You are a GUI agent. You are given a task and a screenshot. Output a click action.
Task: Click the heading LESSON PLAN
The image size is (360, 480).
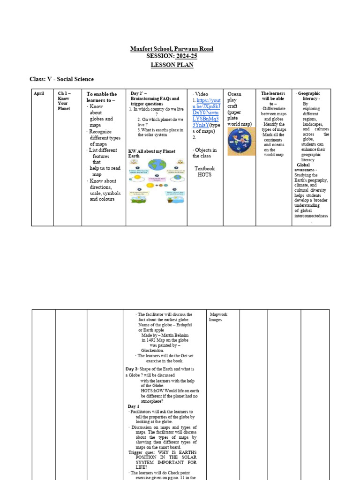172,65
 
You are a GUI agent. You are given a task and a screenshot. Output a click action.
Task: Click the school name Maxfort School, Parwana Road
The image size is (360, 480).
172,49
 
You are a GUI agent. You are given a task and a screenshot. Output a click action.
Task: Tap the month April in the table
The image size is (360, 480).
38,94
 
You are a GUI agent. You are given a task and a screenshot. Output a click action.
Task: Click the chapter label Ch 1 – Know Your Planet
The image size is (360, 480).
64,101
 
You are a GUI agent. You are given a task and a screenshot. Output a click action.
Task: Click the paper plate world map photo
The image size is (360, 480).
240,142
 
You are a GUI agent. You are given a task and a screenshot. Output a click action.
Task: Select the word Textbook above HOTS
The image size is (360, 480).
204,168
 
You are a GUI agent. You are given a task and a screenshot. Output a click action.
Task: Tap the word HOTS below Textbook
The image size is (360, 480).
204,175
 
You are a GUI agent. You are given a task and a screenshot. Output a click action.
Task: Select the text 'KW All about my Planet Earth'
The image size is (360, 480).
151,153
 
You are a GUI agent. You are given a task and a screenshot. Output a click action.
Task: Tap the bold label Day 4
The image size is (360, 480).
133,406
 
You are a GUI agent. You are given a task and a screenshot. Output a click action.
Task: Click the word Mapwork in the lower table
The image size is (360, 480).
218,315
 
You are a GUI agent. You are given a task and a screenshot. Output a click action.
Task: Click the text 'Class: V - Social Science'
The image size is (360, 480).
61,79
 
